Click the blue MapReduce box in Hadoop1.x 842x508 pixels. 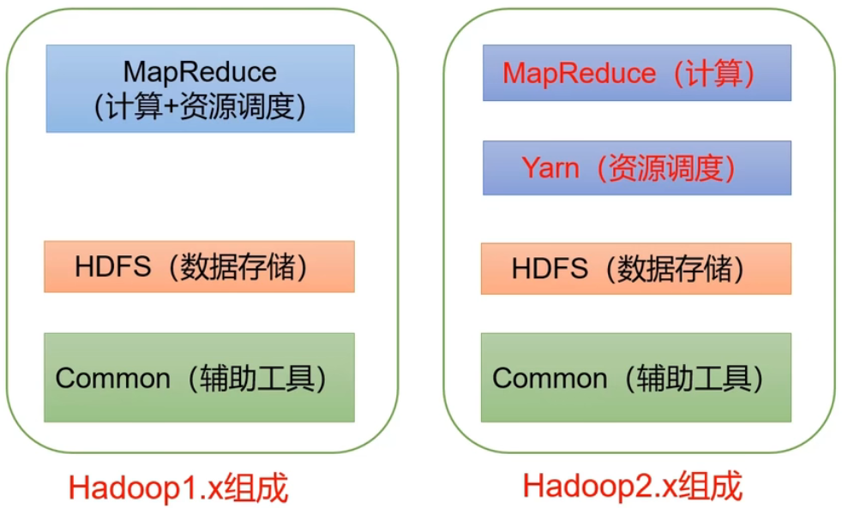[x=200, y=88]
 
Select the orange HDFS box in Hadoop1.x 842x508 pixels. [x=200, y=266]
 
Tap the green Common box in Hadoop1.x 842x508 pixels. [x=200, y=377]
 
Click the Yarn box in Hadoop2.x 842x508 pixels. [x=636, y=168]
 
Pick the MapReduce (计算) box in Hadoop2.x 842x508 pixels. [x=636, y=74]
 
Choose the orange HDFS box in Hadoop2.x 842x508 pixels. [x=636, y=268]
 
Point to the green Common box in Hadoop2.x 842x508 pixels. [x=636, y=377]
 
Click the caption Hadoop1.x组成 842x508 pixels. [x=178, y=488]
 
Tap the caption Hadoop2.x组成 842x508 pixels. [x=632, y=487]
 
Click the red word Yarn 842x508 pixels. [x=550, y=168]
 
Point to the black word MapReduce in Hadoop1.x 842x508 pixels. [x=200, y=70]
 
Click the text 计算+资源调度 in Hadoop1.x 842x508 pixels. [x=200, y=107]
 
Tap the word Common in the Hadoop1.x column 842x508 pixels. [x=112, y=378]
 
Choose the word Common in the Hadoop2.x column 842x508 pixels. [x=549, y=378]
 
